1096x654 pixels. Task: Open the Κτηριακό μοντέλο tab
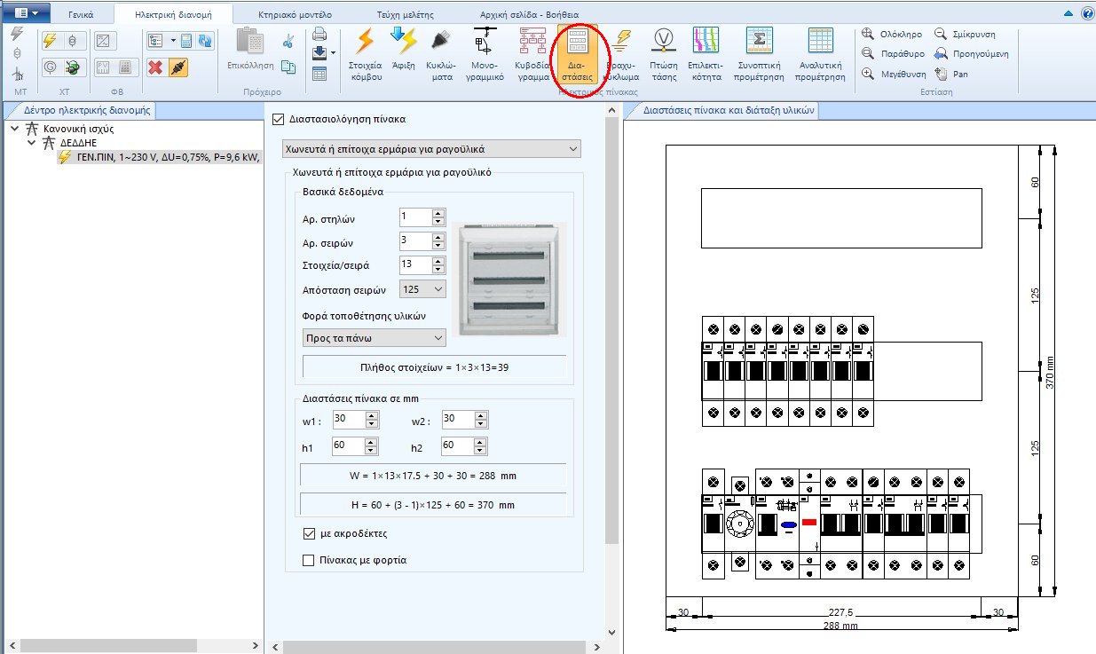tap(295, 15)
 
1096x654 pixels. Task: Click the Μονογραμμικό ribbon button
tap(486, 56)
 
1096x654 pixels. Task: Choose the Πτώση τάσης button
tap(663, 56)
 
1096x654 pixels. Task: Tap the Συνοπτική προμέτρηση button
tap(759, 56)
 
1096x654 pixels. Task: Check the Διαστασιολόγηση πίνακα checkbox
tap(279, 119)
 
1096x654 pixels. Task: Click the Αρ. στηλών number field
tap(414, 217)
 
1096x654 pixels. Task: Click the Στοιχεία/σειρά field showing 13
tap(414, 264)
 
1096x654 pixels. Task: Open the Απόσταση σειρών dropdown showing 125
tap(422, 289)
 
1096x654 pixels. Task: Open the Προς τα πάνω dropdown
tap(374, 338)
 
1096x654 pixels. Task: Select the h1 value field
tap(348, 445)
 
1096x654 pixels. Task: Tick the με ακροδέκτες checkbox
tap(309, 534)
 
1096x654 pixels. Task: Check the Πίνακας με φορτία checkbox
tap(309, 560)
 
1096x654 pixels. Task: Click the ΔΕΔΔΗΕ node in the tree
tap(78, 142)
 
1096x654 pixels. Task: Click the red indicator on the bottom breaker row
tap(809, 522)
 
